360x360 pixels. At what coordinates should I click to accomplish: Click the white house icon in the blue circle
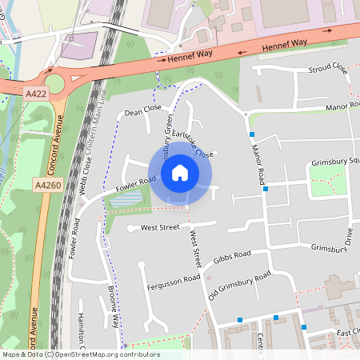click(180, 172)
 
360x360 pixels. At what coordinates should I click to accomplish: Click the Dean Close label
click(143, 110)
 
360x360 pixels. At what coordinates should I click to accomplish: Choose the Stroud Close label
click(328, 70)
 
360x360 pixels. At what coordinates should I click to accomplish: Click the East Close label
click(348, 332)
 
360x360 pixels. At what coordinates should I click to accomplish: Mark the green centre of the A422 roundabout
click(55, 83)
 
